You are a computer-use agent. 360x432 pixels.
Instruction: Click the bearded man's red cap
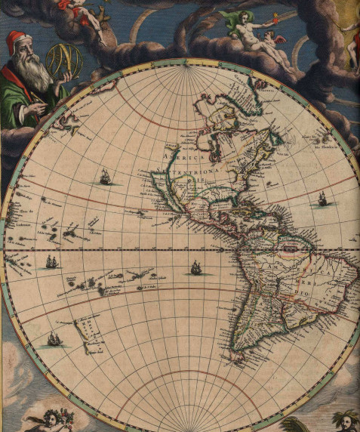point(15,41)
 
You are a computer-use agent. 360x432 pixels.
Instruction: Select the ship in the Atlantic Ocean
point(322,199)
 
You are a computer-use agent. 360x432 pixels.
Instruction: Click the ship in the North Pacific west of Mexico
point(106,177)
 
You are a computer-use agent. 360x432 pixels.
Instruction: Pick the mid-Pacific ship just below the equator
point(196,267)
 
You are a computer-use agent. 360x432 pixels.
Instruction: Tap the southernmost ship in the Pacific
point(54,339)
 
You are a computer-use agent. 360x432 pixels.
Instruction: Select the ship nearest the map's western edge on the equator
point(51,262)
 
